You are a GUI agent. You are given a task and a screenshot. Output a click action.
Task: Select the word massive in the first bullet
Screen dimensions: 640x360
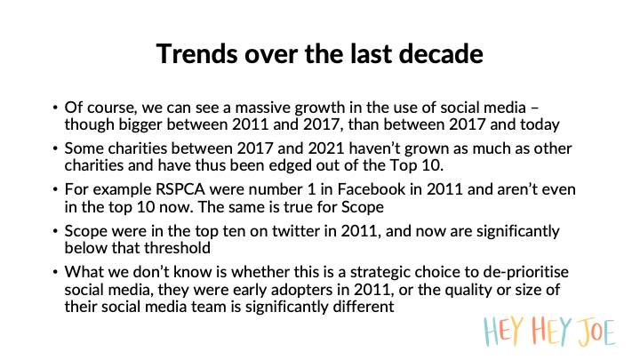262,108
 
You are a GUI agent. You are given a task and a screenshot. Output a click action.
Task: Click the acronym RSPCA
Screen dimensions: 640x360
180,190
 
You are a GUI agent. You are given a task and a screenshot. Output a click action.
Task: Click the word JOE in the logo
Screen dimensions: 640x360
596,332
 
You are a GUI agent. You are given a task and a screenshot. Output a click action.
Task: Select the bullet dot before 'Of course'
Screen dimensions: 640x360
55,108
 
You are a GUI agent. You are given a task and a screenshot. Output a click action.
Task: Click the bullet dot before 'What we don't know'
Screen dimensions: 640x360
55,272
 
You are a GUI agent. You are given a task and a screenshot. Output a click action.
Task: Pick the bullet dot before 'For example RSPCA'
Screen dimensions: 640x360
55,190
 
